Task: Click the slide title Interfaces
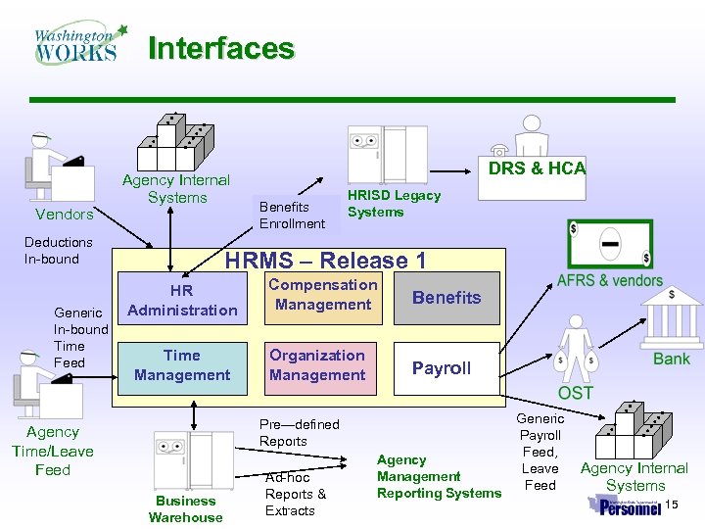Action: [x=220, y=48]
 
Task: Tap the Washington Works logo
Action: [x=79, y=44]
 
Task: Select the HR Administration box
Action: [x=182, y=301]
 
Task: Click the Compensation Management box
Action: [x=322, y=295]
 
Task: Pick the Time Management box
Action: [x=182, y=365]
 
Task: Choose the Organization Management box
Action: [x=317, y=365]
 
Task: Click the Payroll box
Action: [x=442, y=368]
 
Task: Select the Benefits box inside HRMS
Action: [x=446, y=298]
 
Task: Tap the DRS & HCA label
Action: [x=537, y=168]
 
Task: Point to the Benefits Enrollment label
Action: [x=292, y=216]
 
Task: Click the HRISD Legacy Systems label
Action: [x=394, y=204]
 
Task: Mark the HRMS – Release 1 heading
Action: [x=325, y=261]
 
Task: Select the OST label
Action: [x=575, y=393]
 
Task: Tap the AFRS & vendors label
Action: [x=609, y=280]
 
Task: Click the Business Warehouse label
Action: [x=185, y=508]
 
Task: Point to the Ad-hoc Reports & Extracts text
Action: [x=295, y=494]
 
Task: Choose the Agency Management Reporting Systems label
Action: [x=438, y=476]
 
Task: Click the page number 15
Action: [x=671, y=504]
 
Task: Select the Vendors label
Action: [x=64, y=215]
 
